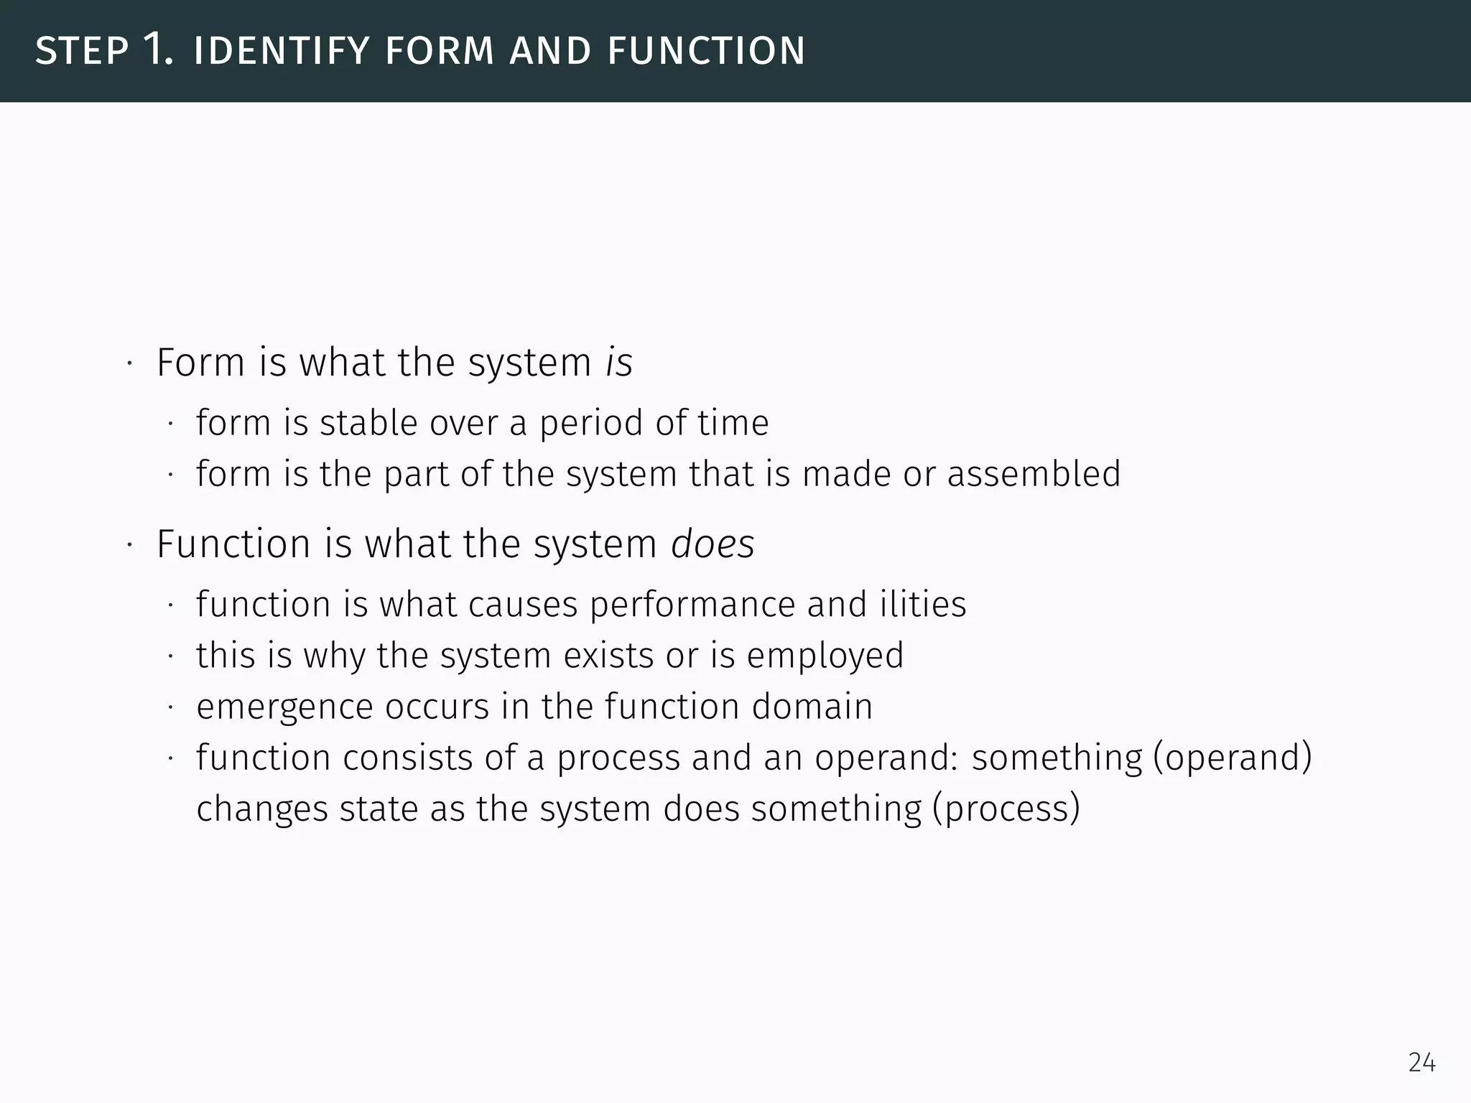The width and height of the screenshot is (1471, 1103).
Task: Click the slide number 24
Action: click(x=1421, y=1062)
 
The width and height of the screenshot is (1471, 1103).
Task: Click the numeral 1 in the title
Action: click(x=157, y=50)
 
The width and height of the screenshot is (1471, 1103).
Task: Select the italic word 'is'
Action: click(x=619, y=362)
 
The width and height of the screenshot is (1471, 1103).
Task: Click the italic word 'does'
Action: click(x=713, y=544)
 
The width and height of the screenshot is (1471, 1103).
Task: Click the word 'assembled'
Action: click(x=1034, y=474)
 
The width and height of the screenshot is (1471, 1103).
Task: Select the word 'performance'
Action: click(x=692, y=604)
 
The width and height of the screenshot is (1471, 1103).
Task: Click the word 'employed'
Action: click(x=825, y=656)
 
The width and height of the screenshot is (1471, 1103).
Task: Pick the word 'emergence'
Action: click(x=284, y=707)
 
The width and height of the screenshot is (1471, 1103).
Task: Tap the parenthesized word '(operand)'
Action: click(x=1232, y=758)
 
